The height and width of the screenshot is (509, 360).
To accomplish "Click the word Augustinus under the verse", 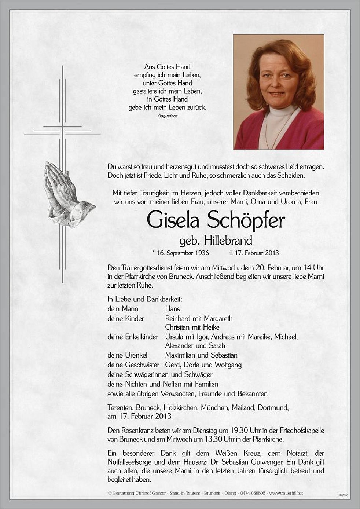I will [167, 116].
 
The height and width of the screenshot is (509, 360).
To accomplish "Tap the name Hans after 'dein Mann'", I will [173, 309].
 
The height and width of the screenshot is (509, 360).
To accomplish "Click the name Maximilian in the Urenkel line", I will [182, 355].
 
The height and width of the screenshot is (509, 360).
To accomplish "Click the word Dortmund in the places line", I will [275, 407].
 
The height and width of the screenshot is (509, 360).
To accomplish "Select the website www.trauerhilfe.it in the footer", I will [284, 494].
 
